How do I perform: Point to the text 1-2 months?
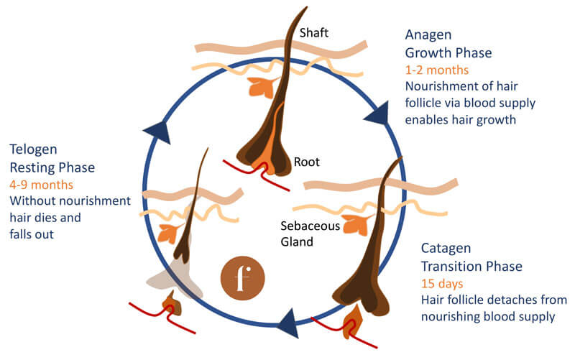point(437,70)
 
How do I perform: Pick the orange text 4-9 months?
point(42,184)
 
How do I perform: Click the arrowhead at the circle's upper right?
point(374,114)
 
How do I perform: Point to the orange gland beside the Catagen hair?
point(356,224)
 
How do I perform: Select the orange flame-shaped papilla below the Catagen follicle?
point(353,323)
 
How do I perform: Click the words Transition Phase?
point(471,266)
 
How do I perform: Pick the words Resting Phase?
point(52,167)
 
